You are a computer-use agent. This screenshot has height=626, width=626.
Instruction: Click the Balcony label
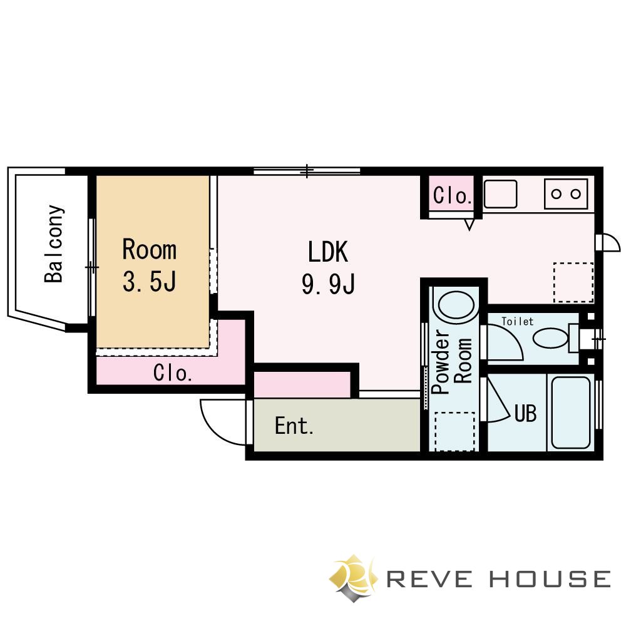[x=54, y=244]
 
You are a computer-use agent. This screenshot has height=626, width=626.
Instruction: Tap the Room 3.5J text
[x=150, y=265]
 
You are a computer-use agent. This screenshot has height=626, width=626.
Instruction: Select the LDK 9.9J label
[x=328, y=267]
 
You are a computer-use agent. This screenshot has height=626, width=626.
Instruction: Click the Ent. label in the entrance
[x=294, y=426]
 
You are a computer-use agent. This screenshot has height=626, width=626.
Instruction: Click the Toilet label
[x=518, y=321]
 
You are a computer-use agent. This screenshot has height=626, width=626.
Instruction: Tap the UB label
[x=525, y=413]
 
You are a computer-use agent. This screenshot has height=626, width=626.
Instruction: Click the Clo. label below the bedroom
[x=173, y=373]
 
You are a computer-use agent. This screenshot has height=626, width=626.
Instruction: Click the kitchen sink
[x=500, y=193]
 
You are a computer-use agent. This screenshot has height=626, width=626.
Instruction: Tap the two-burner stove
[x=566, y=193]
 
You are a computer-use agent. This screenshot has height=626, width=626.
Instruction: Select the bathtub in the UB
[x=570, y=413]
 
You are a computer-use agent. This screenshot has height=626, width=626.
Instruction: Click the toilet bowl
[x=550, y=338]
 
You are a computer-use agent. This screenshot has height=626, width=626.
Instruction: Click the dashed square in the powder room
[x=454, y=431]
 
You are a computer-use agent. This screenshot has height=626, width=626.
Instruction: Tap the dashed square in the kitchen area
[x=573, y=282]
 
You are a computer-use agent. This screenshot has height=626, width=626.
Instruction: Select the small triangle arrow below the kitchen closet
[x=469, y=224]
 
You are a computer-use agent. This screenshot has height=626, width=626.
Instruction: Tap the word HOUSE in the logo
[x=550, y=579]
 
